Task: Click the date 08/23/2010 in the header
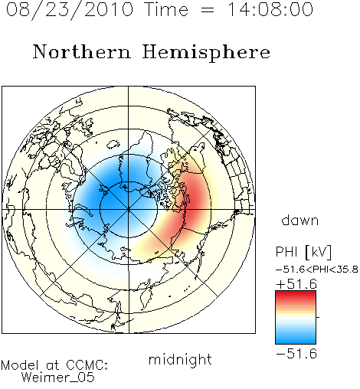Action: point(70,10)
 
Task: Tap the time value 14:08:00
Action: point(270,9)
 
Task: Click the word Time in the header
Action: point(166,9)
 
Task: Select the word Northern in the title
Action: point(82,52)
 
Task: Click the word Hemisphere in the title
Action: point(206,53)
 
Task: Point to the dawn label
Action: point(300,220)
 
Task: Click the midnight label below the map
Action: point(180,359)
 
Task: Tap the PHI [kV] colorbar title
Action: point(303,252)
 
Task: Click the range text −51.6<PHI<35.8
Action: point(317,270)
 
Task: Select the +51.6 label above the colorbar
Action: point(296,284)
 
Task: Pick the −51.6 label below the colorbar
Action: point(296,354)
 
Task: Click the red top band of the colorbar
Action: point(296,294)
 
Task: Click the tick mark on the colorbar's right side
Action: point(318,317)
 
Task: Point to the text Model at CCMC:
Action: point(54,365)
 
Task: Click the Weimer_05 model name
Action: point(58,378)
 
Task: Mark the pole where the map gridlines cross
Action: point(129,209)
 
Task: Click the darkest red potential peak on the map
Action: point(195,198)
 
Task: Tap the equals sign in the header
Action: point(208,10)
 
